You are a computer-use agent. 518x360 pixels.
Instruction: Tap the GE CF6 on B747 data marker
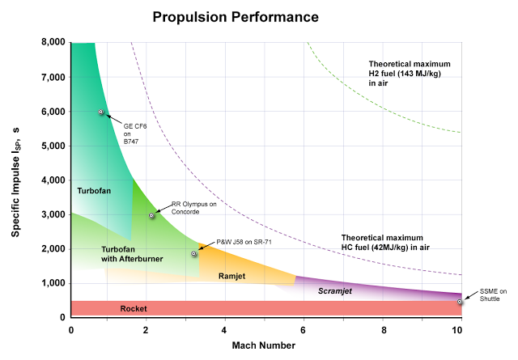pos(101,112)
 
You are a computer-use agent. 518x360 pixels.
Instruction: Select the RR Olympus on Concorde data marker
pos(151,215)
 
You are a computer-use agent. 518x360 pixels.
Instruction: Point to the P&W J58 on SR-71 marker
pos(194,254)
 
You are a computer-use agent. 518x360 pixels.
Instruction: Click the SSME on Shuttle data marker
pos(460,302)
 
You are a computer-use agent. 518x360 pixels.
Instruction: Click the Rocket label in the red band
pos(133,309)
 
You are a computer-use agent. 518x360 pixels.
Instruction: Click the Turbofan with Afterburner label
pos(132,253)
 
